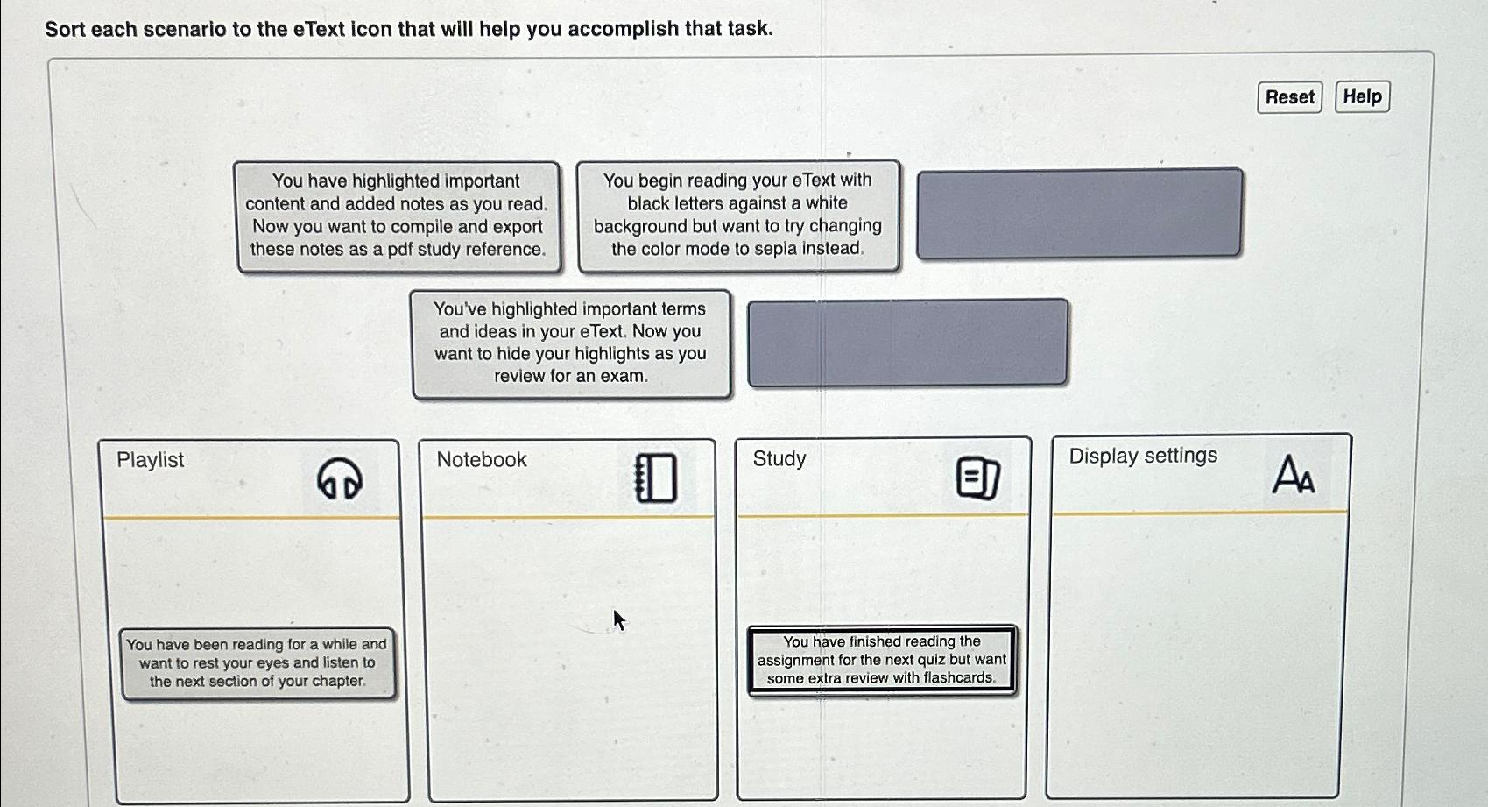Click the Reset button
click(1289, 97)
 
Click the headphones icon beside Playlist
click(339, 478)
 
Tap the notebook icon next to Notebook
click(656, 478)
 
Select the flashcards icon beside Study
click(977, 478)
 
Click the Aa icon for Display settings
click(1293, 474)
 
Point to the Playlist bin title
click(150, 460)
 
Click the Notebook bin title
click(482, 460)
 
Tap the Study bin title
click(779, 459)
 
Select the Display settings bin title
click(1143, 456)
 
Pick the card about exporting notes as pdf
click(398, 216)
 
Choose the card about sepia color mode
click(737, 215)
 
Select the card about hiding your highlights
click(570, 343)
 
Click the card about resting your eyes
click(257, 662)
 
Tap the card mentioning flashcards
click(882, 660)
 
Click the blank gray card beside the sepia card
click(1079, 213)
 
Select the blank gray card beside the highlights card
click(907, 342)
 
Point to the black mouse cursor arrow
click(618, 619)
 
